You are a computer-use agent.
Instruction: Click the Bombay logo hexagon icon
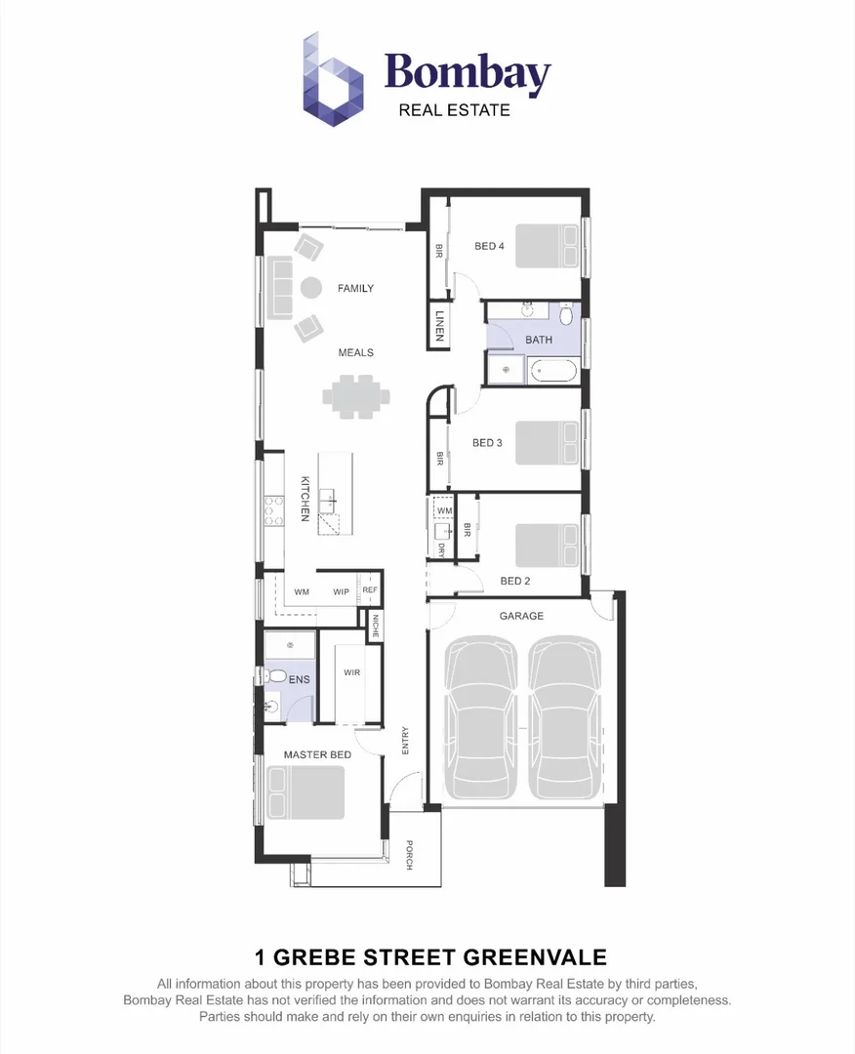pos(333,79)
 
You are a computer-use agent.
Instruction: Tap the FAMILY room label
pos(355,289)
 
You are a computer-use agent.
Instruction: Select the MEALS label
pos(355,353)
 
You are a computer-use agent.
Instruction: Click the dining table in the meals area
pos(355,397)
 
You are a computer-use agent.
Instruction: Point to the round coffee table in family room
pos(311,288)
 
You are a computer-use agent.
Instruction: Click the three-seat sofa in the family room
pos(280,288)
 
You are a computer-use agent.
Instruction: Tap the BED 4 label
pos(489,247)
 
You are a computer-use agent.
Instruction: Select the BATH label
pos(539,341)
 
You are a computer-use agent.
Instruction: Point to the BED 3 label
pos(487,443)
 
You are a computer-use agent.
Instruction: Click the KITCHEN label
pos(305,498)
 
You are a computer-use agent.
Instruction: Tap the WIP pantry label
pos(341,592)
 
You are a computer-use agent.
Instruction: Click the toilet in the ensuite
pos(275,675)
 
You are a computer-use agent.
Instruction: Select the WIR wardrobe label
pos(352,673)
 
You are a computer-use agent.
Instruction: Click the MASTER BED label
pos(317,755)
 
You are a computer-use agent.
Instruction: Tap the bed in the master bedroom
pos(306,791)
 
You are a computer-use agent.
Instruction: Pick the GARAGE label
pos(521,617)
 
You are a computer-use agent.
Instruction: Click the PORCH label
pos(410,855)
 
